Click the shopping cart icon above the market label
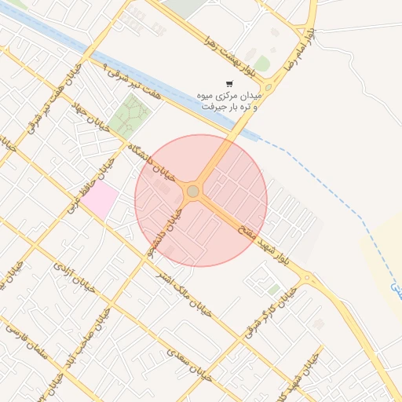click(229, 83)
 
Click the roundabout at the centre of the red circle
click(193, 191)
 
